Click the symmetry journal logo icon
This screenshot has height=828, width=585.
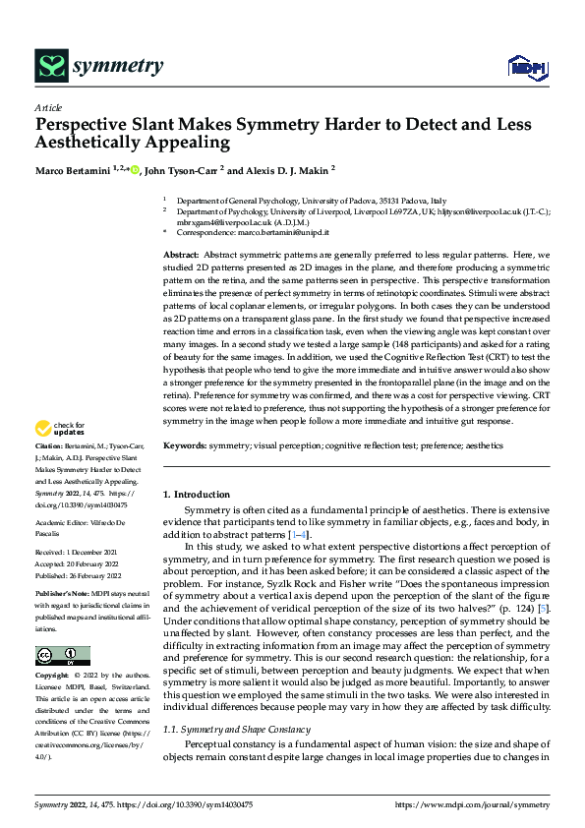pos(50,66)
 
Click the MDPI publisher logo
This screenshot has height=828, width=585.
pos(526,67)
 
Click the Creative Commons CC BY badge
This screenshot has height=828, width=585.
pos(62,656)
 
